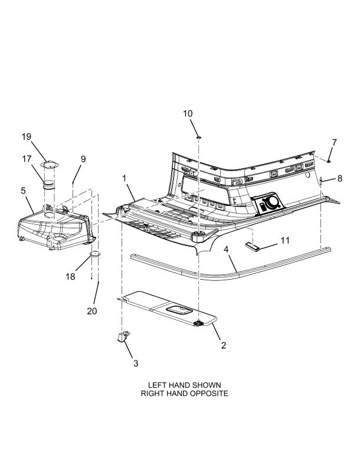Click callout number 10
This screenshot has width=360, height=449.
tap(188, 113)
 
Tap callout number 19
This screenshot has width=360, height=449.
tap(27, 137)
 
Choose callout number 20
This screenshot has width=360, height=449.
tap(91, 311)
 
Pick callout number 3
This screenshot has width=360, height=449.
tap(135, 363)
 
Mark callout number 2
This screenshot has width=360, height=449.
tap(223, 345)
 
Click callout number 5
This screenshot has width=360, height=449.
tap(23, 191)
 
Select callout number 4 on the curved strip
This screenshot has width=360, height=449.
tap(226, 249)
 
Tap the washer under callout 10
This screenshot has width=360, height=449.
tap(199, 136)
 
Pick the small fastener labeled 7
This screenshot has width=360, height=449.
tap(328, 160)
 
